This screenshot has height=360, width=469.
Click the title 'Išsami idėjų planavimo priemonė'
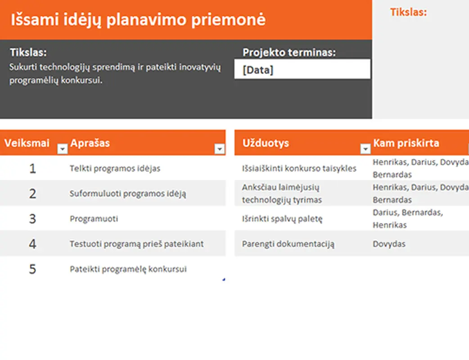pyautogui.click(x=138, y=20)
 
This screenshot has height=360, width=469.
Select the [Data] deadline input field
pyautogui.click(x=302, y=70)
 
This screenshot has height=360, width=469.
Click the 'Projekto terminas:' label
pyautogui.click(x=289, y=52)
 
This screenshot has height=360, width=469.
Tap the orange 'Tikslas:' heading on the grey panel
pyautogui.click(x=408, y=12)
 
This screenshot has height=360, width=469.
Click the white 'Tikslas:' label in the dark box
pyautogui.click(x=28, y=52)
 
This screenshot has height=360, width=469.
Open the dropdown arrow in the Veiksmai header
pyautogui.click(x=62, y=149)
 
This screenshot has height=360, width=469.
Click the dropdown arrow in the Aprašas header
pyautogui.click(x=219, y=149)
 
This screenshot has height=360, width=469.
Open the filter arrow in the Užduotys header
pyautogui.click(x=365, y=149)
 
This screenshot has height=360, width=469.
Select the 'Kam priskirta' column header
pyautogui.click(x=406, y=143)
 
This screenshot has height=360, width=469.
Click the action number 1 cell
pyautogui.click(x=32, y=168)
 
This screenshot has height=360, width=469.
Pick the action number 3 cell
pyautogui.click(x=32, y=219)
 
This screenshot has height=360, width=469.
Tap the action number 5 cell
pyautogui.click(x=32, y=269)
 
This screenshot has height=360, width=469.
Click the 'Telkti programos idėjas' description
pyautogui.click(x=115, y=168)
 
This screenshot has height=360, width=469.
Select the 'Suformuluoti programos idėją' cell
pyautogui.click(x=128, y=193)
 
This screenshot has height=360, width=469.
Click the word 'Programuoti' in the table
pyautogui.click(x=94, y=219)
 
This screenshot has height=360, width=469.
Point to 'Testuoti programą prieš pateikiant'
pyautogui.click(x=136, y=244)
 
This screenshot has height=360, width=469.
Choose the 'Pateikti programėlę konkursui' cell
pyautogui.click(x=128, y=269)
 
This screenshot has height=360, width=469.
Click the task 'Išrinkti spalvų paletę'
pyautogui.click(x=282, y=219)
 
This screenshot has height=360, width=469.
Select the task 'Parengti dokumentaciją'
pyautogui.click(x=288, y=244)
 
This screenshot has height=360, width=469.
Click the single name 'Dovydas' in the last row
pyautogui.click(x=389, y=244)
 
